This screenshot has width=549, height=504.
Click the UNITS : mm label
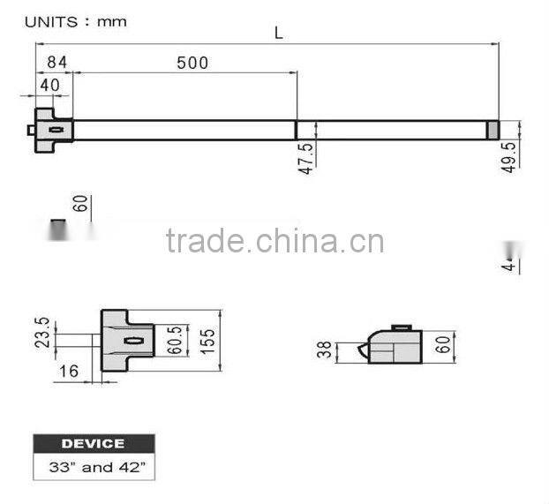75,20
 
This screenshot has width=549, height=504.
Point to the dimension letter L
279,33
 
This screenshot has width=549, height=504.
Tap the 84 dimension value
57,63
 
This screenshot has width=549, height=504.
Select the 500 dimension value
192,63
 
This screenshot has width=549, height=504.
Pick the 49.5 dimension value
509,155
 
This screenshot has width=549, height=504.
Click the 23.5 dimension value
41,334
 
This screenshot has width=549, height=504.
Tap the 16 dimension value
69,371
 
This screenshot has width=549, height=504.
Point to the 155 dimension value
208,340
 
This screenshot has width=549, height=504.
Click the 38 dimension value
325,351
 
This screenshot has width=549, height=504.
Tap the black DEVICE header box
93,443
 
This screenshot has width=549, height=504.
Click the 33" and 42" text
93,467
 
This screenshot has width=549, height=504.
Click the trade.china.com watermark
274,241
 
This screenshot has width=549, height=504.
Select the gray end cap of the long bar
493,130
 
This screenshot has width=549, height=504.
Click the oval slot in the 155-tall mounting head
134,341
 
